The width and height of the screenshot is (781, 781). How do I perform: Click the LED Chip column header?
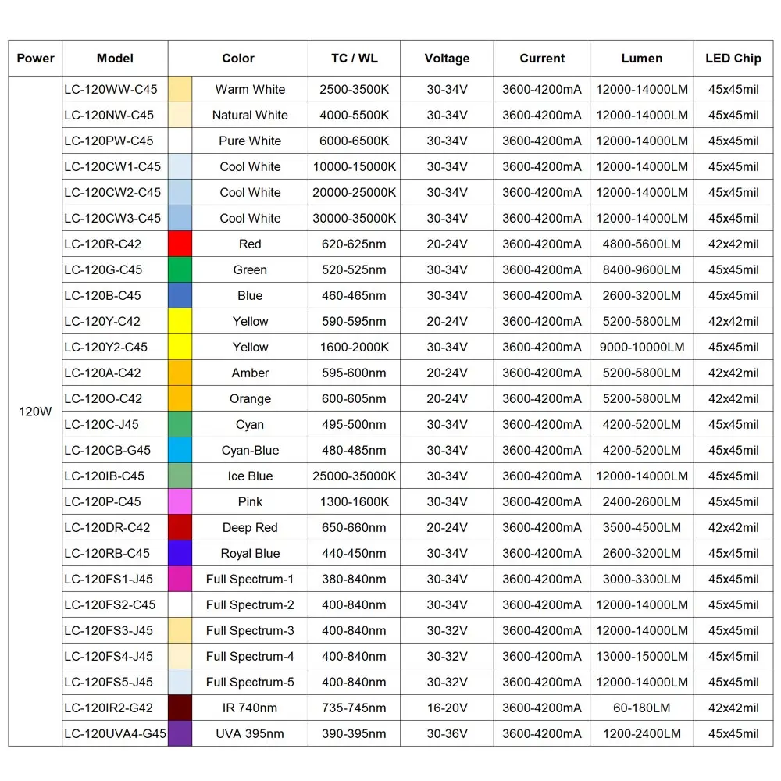point(733,59)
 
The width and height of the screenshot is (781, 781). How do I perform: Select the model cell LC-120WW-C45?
point(111,89)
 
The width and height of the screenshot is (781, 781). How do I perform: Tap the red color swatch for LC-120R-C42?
point(180,244)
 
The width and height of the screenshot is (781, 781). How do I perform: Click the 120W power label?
point(35,411)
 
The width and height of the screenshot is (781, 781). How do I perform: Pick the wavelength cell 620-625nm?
point(354,244)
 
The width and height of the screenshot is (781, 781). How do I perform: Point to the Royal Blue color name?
point(250,553)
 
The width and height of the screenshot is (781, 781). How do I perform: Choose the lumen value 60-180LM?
point(642,708)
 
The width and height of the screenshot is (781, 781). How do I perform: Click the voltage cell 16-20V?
point(447,708)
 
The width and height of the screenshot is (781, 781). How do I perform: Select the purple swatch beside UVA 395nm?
point(180,733)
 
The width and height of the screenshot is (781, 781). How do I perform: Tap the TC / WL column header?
point(354,59)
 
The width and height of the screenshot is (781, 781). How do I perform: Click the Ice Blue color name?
point(250,476)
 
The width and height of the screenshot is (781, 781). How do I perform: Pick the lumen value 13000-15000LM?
point(642,656)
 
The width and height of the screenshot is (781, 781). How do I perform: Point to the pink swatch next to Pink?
point(180,501)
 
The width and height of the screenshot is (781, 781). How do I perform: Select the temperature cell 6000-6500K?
point(354,141)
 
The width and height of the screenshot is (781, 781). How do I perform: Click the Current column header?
point(542,59)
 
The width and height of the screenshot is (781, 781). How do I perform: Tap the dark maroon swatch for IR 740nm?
point(180,708)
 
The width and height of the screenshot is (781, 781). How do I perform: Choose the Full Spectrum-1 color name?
point(250,579)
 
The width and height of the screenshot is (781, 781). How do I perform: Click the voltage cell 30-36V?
point(447,733)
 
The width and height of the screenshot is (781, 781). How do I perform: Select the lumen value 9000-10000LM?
point(642,347)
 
